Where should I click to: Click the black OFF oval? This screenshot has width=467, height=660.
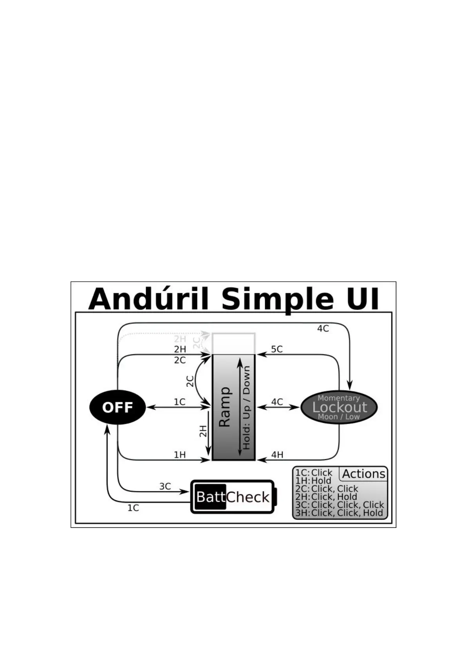tap(117, 408)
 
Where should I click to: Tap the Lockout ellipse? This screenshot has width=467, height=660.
tap(339, 407)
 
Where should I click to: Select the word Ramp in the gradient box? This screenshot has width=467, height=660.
tap(225, 407)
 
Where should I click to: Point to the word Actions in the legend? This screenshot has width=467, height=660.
tap(363, 474)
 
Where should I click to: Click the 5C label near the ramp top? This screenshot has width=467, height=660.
tap(277, 349)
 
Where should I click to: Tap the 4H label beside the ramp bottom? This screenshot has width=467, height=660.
tap(277, 455)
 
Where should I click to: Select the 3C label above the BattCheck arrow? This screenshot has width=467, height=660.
tap(165, 486)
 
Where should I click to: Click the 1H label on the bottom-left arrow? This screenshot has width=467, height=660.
tap(180, 455)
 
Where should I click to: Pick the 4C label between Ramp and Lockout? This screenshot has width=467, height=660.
tap(277, 402)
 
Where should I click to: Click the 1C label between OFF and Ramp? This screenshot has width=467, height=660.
tap(180, 402)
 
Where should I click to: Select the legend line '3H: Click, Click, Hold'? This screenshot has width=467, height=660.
tap(339, 513)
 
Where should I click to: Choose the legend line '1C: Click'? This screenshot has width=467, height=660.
tap(314, 473)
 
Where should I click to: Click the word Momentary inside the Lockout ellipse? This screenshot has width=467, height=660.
tap(338, 398)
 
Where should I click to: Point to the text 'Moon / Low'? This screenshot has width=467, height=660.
tap(339, 417)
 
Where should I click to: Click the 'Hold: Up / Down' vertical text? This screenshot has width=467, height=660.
tap(247, 408)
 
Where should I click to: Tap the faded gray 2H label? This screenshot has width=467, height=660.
tap(180, 339)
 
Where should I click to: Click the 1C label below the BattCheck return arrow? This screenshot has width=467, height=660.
tap(133, 508)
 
